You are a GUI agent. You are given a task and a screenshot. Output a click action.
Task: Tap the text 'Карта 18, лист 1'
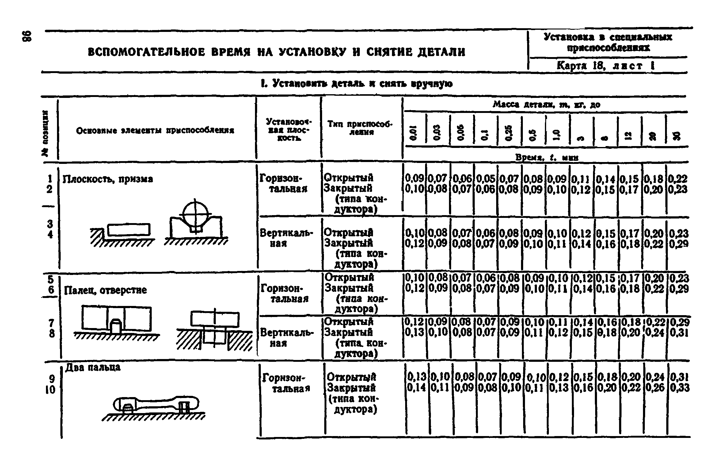point(605,66)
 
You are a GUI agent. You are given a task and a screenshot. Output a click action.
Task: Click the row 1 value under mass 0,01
point(414,178)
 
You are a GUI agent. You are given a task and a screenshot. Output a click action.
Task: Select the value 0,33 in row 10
point(679,388)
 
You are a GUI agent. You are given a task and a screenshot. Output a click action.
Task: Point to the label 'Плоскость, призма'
point(108,179)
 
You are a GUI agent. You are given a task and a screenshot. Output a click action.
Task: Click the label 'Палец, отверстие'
point(105,290)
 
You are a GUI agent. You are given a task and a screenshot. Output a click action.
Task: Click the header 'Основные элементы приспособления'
point(155,131)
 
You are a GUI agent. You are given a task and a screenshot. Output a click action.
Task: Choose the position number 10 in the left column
point(50,390)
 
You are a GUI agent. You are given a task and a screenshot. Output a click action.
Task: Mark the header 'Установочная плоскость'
point(288,130)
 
